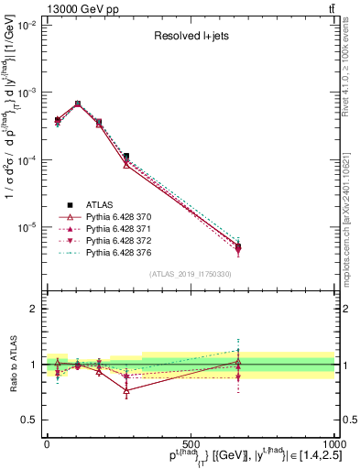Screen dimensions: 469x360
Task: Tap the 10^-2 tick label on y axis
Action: click(27, 26)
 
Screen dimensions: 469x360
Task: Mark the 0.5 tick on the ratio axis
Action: click(31, 419)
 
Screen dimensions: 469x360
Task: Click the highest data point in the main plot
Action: click(78, 104)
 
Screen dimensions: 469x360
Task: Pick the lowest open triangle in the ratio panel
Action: click(126, 390)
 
